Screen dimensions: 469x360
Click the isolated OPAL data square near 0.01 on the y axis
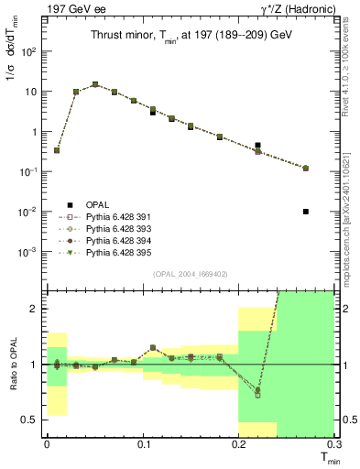306,212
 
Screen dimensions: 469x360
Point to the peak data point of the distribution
95,84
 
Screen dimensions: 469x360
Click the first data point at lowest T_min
57,150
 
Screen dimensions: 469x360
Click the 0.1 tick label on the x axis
143,443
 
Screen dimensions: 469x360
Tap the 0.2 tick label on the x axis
238,443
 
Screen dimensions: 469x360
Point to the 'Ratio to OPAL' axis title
13,363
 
